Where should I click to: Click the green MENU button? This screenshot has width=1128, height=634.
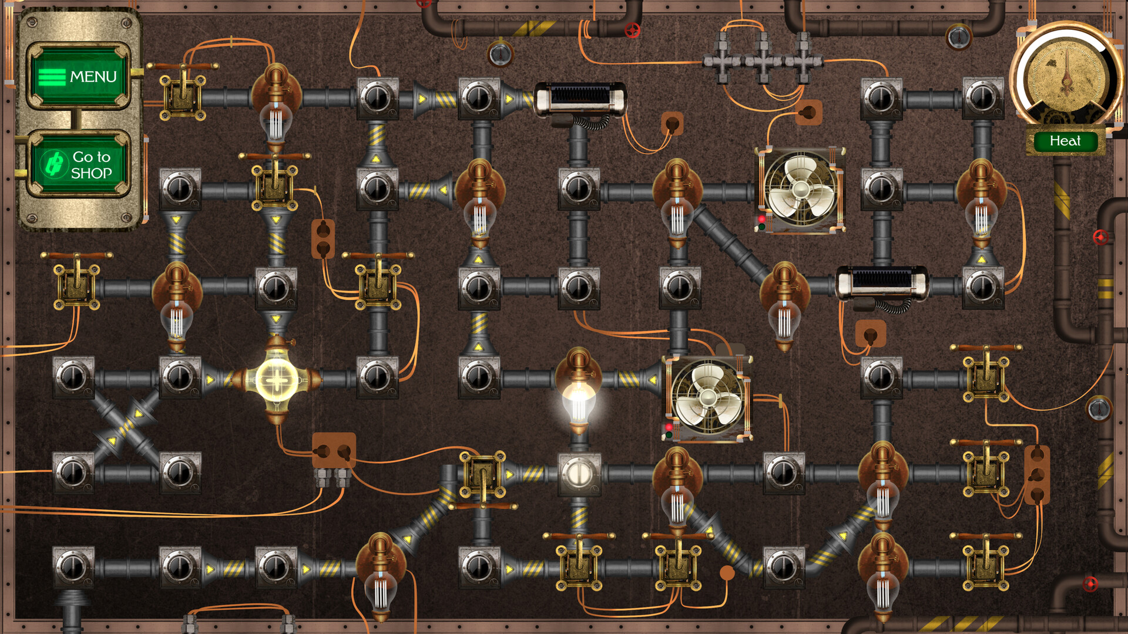point(79,76)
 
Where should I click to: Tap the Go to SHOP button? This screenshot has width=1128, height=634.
point(79,164)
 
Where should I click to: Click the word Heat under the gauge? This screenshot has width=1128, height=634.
point(1065,141)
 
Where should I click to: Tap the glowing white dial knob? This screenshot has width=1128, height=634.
point(579,473)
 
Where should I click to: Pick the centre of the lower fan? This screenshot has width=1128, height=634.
point(709,399)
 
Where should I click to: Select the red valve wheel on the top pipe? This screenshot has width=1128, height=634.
point(632,30)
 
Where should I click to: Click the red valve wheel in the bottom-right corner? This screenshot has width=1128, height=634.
point(1090,584)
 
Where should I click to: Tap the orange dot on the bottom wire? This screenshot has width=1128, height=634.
point(727,572)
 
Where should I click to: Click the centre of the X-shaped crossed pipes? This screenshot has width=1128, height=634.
point(126,426)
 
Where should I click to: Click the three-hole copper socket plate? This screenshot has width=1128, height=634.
point(1037,474)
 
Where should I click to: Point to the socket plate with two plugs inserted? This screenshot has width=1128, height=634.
point(334,452)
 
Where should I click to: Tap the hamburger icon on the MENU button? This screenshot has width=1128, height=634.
point(52,77)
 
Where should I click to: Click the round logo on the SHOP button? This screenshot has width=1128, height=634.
point(54,164)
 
